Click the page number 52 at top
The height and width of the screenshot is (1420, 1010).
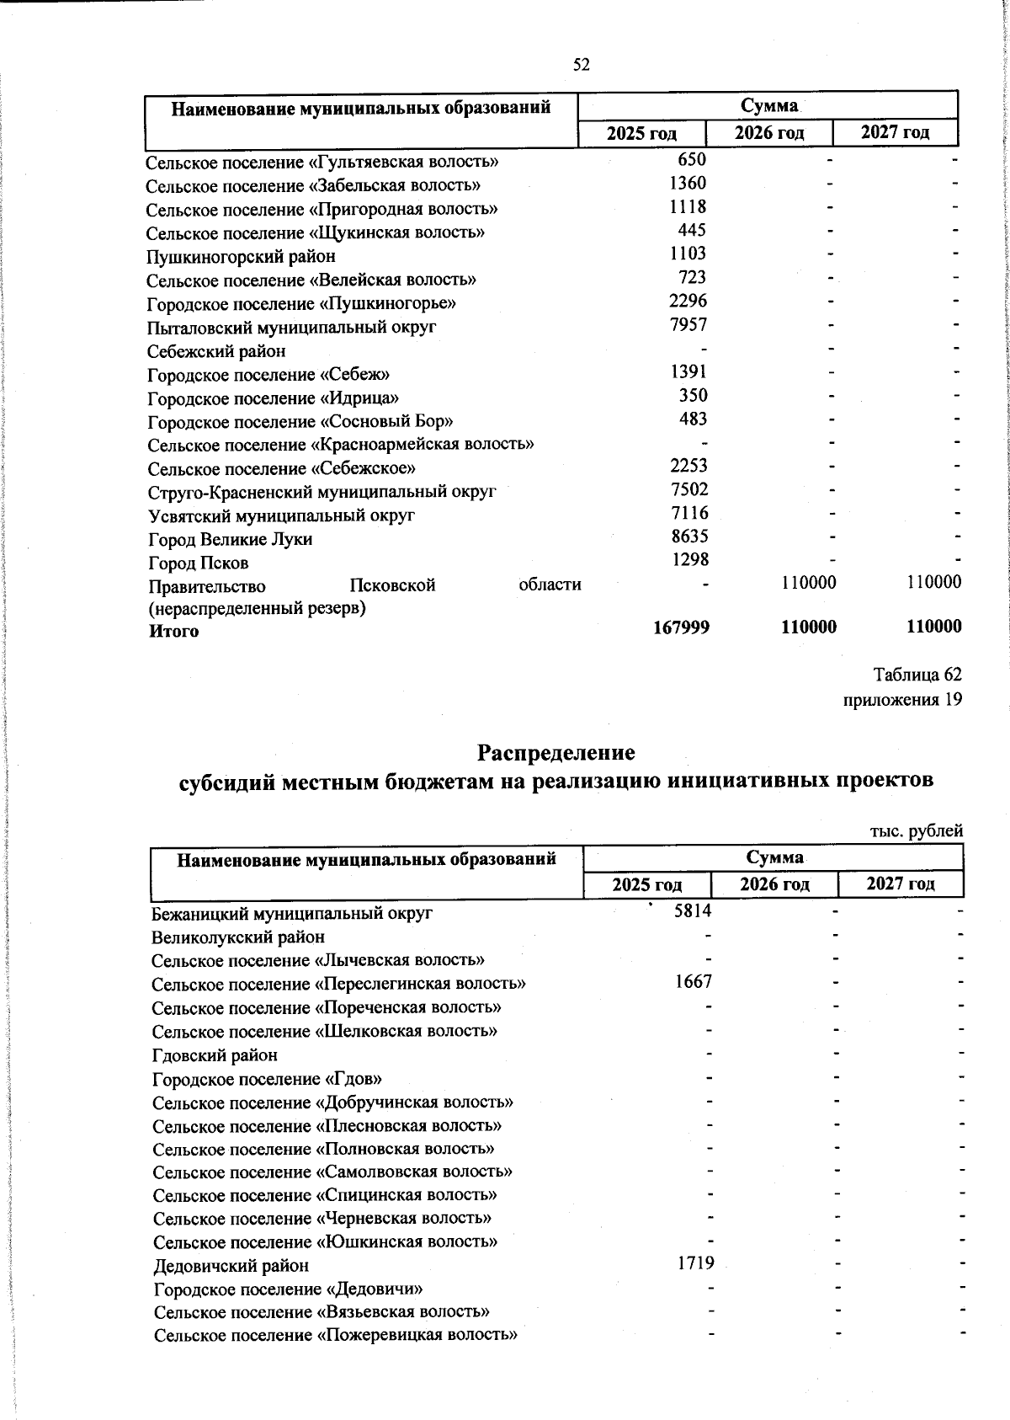click(581, 65)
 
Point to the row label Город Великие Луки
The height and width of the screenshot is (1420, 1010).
click(231, 539)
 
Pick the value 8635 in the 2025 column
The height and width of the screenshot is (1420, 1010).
click(688, 537)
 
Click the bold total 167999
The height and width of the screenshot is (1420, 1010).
click(681, 627)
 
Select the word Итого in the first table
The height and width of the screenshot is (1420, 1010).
click(174, 631)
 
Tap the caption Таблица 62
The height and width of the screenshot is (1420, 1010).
click(917, 675)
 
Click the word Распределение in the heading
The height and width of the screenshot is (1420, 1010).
click(556, 751)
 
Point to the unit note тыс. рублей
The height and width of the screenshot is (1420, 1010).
click(916, 830)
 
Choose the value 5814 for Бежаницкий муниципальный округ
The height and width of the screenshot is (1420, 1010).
click(693, 910)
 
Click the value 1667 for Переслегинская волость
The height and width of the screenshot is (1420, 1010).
click(693, 981)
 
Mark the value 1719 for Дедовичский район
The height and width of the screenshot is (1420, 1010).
click(694, 1263)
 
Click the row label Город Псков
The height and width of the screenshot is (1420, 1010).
click(199, 563)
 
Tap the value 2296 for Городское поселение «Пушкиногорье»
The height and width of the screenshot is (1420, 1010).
click(688, 301)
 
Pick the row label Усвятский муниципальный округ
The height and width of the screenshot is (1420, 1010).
click(282, 515)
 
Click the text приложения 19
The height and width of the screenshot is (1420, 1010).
click(902, 699)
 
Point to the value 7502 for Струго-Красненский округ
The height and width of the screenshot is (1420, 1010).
click(688, 489)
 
